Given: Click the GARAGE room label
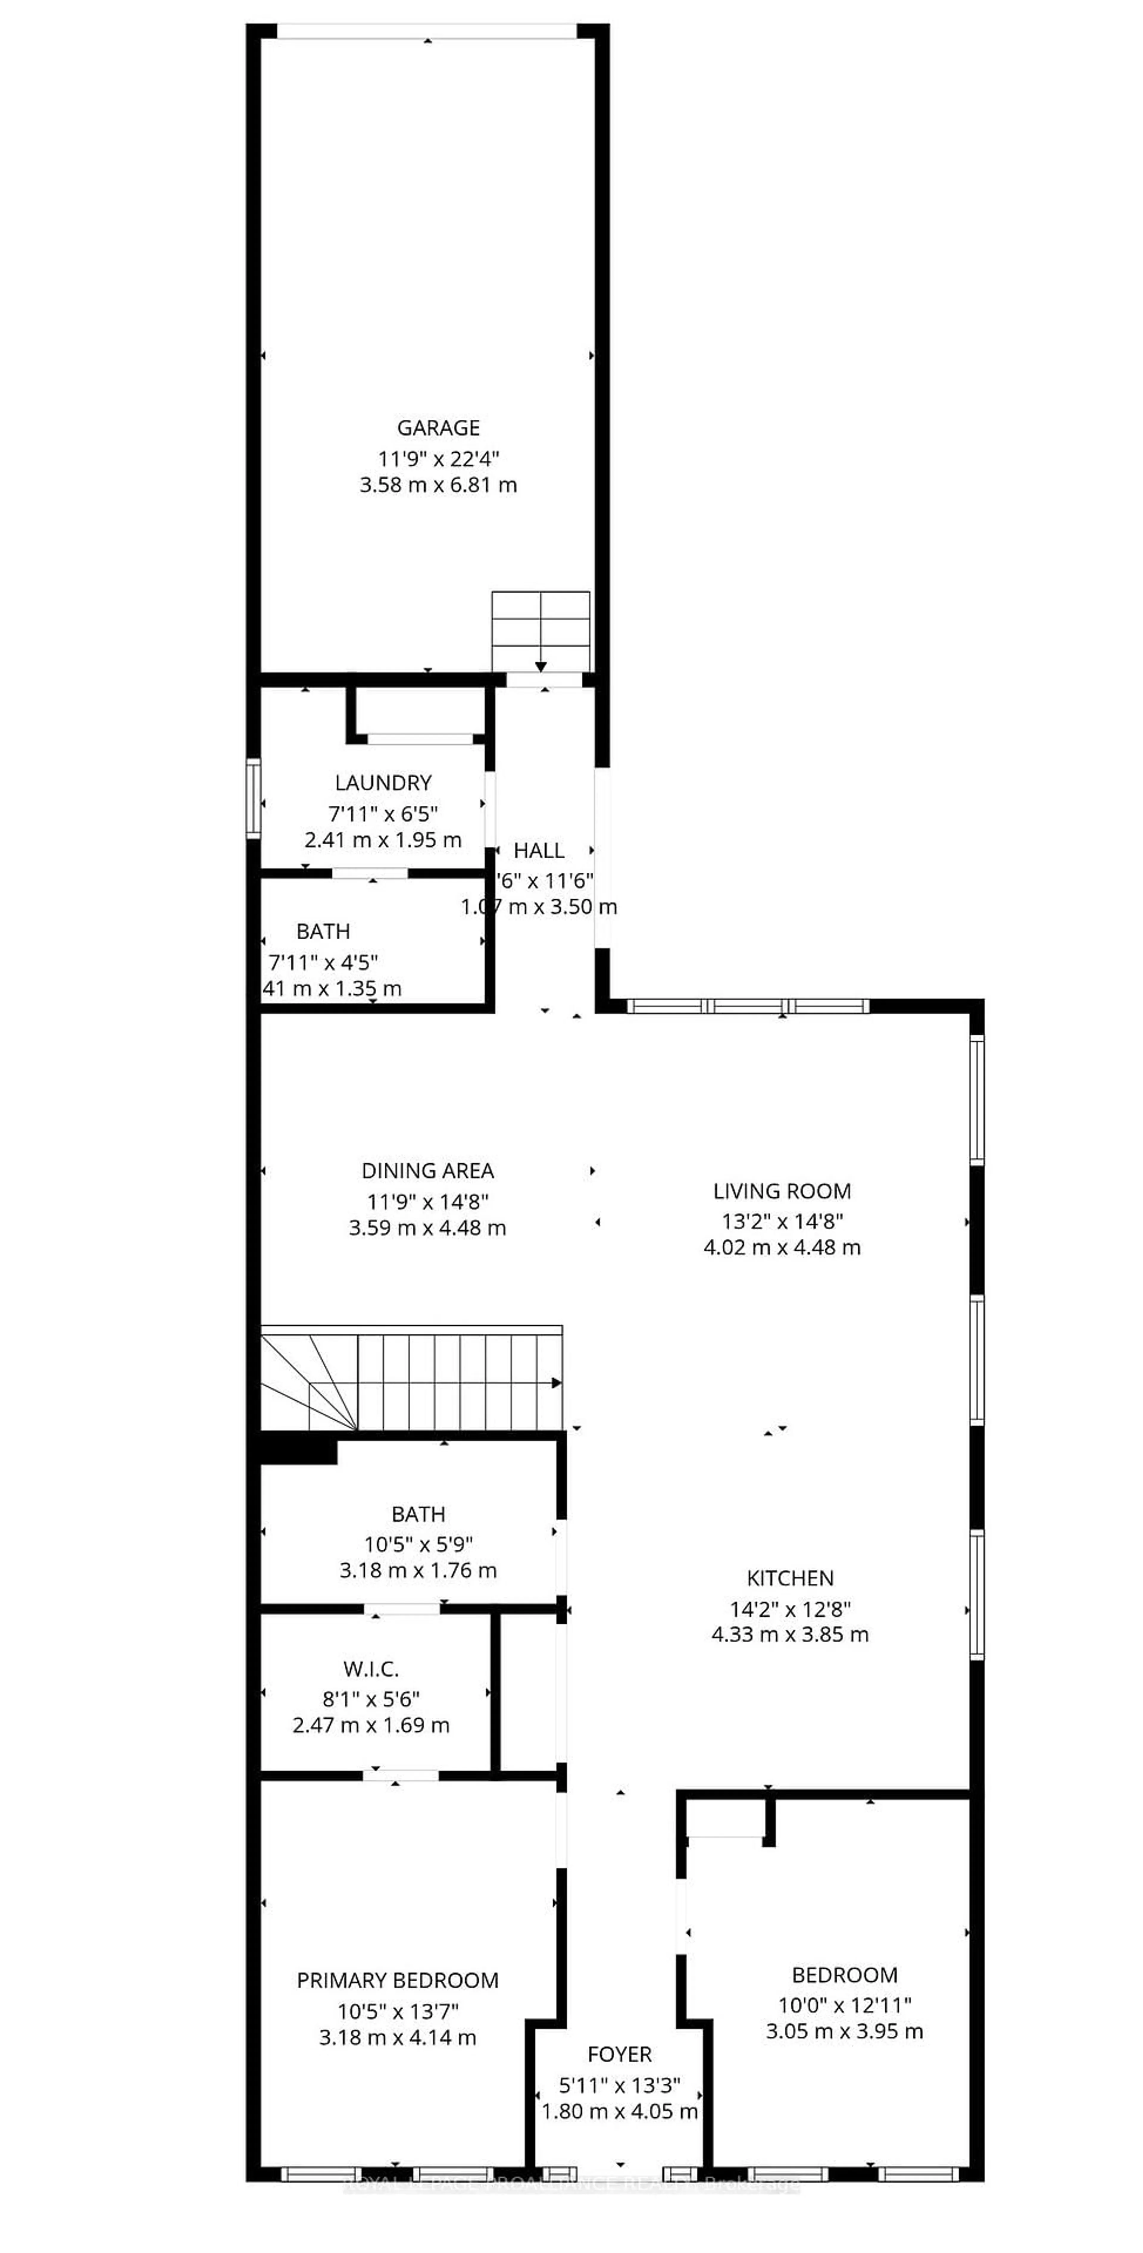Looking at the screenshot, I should (438, 428).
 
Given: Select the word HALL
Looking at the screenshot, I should (539, 850).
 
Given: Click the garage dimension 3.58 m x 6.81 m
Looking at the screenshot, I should (438, 485).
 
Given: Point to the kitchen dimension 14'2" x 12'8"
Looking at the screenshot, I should (790, 1608).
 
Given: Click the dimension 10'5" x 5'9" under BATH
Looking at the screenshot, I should (418, 1545).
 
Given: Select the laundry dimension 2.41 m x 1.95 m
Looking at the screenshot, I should (383, 840).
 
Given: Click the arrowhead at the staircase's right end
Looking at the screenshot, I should (556, 1383).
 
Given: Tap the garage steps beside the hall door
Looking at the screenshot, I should (541, 630).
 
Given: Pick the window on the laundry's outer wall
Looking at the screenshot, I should (254, 798).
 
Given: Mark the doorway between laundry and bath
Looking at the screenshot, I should (370, 873).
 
